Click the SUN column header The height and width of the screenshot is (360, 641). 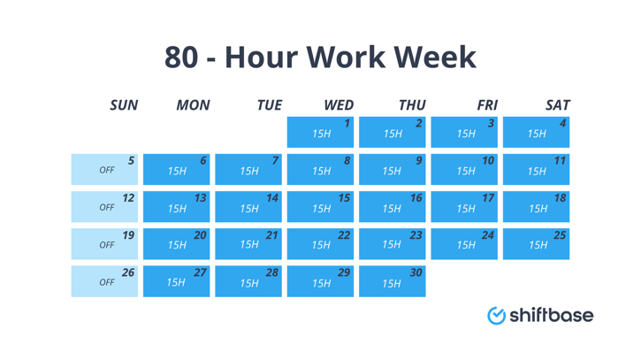click(124, 104)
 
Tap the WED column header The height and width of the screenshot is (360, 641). click(338, 104)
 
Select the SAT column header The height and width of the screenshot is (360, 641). click(557, 104)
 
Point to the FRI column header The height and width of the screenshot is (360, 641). click(486, 104)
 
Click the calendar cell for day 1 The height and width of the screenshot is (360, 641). click(320, 132)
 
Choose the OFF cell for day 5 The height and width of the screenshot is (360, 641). click(104, 169)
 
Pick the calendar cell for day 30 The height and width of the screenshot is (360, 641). click(392, 281)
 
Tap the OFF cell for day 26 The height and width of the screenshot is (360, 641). click(104, 281)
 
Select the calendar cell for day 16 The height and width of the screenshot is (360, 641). click(392, 206)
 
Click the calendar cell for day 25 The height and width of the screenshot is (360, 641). click(536, 244)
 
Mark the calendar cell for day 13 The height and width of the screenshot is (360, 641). click(176, 206)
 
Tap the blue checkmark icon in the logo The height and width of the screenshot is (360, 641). click(497, 316)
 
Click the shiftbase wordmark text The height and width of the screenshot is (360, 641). click(551, 315)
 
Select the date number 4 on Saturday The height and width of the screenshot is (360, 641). click(562, 124)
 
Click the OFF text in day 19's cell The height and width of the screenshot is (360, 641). click(107, 245)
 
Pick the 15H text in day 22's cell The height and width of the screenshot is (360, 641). click(321, 246)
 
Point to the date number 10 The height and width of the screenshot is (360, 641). click(488, 161)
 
